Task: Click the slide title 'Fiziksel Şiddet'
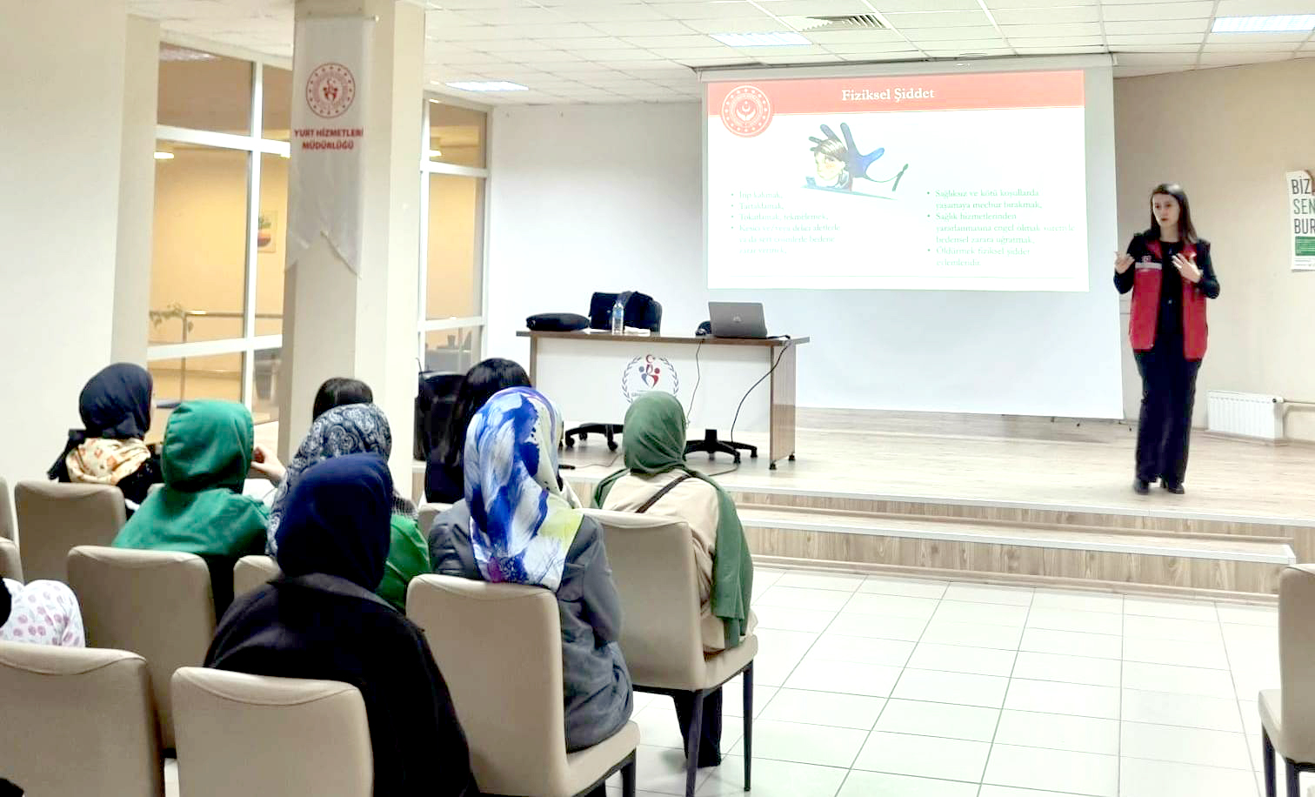[887, 94]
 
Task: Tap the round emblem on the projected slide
[745, 111]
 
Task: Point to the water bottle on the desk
[617, 316]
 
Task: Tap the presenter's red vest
[1169, 300]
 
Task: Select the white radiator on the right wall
[1244, 414]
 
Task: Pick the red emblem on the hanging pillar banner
[330, 90]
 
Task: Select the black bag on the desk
[624, 310]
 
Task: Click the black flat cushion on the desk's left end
[557, 322]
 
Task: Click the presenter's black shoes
[1157, 486]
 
